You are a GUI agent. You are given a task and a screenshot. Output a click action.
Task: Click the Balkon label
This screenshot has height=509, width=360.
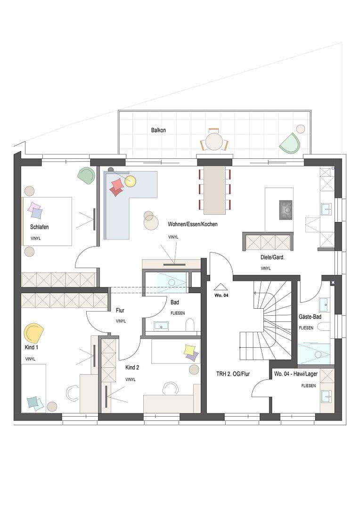pyautogui.click(x=158, y=130)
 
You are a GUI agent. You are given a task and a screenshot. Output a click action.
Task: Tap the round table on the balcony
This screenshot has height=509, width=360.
pyautogui.click(x=214, y=142)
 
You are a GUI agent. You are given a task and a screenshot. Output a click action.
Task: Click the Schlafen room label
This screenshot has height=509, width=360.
pyautogui.click(x=39, y=227)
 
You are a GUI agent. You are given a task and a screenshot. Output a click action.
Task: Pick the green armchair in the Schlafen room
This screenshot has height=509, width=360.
pyautogui.click(x=86, y=175)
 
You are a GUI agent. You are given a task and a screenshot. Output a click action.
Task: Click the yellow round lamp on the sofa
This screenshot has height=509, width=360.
pyautogui.click(x=131, y=181)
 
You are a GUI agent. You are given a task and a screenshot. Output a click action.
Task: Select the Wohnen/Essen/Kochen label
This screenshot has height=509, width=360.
pyautogui.click(x=193, y=224)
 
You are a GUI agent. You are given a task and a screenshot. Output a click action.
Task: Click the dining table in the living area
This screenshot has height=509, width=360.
pyautogui.click(x=214, y=190)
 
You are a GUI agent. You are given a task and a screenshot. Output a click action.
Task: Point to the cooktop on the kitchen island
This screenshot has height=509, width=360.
pyautogui.click(x=286, y=210)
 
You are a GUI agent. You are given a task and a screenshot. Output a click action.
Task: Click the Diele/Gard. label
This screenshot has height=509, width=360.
pyautogui.click(x=272, y=257)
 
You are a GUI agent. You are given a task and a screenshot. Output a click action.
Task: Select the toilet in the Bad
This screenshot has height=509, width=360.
pyautogui.click(x=190, y=325)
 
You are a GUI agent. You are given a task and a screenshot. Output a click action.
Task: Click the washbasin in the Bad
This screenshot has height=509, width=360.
pyautogui.click(x=161, y=326)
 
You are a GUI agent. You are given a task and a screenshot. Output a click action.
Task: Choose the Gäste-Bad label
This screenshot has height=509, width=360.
pyautogui.click(x=310, y=317)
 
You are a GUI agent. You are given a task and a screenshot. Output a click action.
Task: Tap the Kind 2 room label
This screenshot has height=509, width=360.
pyautogui.click(x=132, y=368)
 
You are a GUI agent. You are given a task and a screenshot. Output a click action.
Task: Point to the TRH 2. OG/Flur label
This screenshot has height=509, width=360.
pyautogui.click(x=233, y=374)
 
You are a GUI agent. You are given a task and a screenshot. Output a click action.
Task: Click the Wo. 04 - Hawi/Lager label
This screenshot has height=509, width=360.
pyautogui.click(x=296, y=374)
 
